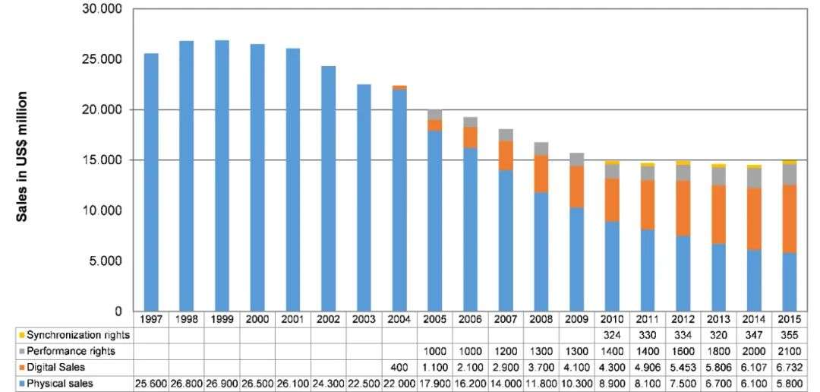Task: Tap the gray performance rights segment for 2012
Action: tap(683, 172)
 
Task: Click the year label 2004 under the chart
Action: tap(399, 319)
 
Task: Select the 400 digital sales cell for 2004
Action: tap(399, 368)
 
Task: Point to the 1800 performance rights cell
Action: tap(719, 351)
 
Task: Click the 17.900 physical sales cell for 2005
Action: tap(435, 384)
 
